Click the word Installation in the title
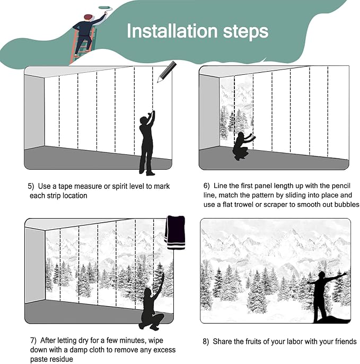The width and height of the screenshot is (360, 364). coord(172,31)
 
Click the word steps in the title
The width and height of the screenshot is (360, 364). coord(245,32)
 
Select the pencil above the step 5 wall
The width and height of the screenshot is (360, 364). coord(166,72)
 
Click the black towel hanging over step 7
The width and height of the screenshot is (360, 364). coord(175,232)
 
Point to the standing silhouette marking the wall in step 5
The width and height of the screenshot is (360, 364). coord(147,143)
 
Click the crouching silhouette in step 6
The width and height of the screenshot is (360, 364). coord(243,146)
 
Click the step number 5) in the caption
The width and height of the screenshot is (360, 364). coord(31,186)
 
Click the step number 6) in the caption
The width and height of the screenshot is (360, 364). coord(206,186)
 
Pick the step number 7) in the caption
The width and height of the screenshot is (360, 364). coord(33,340)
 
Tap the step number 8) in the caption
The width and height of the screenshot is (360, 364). coord(206,342)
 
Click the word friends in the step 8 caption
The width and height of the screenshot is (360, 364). coord(346,342)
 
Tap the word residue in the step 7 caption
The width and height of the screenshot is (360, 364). coord(61,359)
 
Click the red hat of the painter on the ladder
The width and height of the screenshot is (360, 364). coord(88,17)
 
